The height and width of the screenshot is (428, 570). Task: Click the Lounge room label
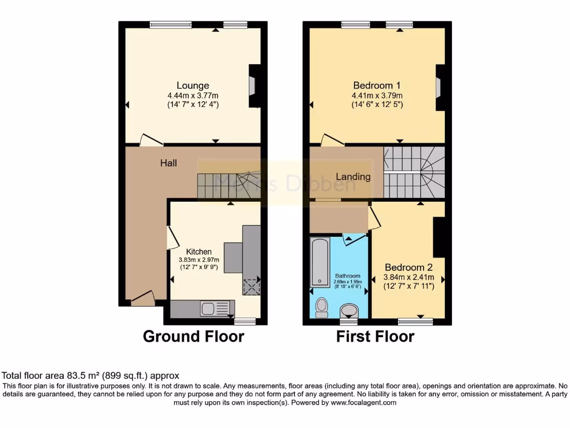pyautogui.click(x=193, y=85)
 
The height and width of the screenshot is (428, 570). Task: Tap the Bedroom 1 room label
pyautogui.click(x=377, y=85)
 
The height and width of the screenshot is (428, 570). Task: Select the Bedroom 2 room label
pyautogui.click(x=409, y=267)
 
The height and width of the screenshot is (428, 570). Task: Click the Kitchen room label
pyautogui.click(x=199, y=252)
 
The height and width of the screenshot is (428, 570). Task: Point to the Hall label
pyautogui.click(x=169, y=163)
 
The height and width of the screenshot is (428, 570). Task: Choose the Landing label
pyautogui.click(x=353, y=177)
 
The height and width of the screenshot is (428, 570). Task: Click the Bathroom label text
pyautogui.click(x=347, y=276)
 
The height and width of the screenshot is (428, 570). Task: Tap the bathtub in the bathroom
pyautogui.click(x=320, y=262)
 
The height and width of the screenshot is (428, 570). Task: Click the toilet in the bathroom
pyautogui.click(x=321, y=307)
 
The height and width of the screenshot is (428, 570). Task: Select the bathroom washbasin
pyautogui.click(x=349, y=310)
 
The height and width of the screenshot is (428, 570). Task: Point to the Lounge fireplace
pyautogui.click(x=254, y=86)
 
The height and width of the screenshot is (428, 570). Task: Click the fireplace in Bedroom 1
pyautogui.click(x=439, y=87)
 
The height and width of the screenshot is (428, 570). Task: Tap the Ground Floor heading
pyautogui.click(x=193, y=337)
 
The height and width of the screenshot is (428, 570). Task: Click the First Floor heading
pyautogui.click(x=375, y=337)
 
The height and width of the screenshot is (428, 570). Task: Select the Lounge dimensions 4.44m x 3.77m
pyautogui.click(x=193, y=95)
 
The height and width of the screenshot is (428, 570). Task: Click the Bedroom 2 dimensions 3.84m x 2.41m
pyautogui.click(x=409, y=277)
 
